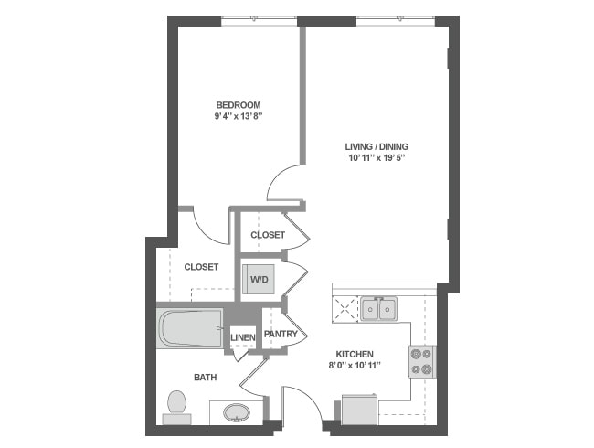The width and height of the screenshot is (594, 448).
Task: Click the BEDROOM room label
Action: pos(238,103)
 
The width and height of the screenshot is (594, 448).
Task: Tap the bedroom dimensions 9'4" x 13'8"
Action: pos(238,116)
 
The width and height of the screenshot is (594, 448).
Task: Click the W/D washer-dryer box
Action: pos(260,278)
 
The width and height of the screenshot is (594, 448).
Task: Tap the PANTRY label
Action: pos(281,335)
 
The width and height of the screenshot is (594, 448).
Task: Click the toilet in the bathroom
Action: pos(176,406)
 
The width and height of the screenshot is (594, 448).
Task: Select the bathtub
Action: pos(190,328)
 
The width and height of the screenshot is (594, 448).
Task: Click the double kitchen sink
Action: pos(379,310)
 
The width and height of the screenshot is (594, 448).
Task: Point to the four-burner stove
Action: pos(421,360)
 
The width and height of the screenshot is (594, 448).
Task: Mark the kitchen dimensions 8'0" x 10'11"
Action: pos(355,367)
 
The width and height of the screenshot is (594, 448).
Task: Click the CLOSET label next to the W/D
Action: pos(201,267)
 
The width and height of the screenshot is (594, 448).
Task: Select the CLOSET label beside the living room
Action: pos(268,235)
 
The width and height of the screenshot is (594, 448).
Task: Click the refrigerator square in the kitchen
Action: pos(357,409)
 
